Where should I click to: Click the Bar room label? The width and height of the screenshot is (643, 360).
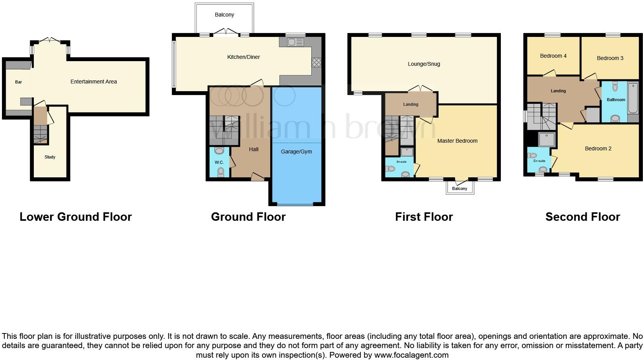point(18,82)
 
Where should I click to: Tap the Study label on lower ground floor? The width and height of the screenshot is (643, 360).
point(50,157)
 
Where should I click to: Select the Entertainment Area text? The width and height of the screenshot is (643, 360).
point(93,82)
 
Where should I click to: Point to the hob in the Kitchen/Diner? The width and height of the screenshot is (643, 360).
point(316,62)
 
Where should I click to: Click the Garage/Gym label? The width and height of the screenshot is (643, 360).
point(296,152)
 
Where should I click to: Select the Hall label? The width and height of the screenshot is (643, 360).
point(254,149)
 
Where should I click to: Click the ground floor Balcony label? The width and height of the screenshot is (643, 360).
point(224,15)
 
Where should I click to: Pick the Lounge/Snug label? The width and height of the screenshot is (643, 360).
point(424,64)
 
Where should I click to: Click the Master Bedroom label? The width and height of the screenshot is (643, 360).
point(457,141)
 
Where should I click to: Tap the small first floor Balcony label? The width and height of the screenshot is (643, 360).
point(460,188)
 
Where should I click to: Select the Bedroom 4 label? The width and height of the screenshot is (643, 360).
point(553,56)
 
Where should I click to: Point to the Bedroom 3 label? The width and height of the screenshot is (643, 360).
point(610,58)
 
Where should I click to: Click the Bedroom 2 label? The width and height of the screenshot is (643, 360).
point(598,148)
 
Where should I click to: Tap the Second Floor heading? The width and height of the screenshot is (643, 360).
point(583,217)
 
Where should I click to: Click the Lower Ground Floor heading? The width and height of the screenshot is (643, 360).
point(76,217)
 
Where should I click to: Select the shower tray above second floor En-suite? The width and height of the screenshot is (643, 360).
point(547,140)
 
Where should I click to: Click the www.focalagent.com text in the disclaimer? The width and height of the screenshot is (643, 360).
point(411,355)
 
